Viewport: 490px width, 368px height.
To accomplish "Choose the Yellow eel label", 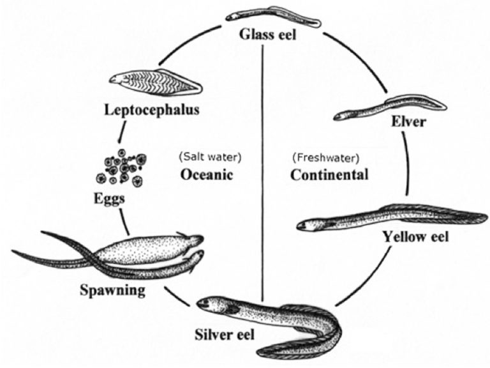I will (x=415, y=237).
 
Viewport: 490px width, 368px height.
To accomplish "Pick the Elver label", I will (x=409, y=122).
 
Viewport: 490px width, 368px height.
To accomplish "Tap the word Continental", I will (x=329, y=174).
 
